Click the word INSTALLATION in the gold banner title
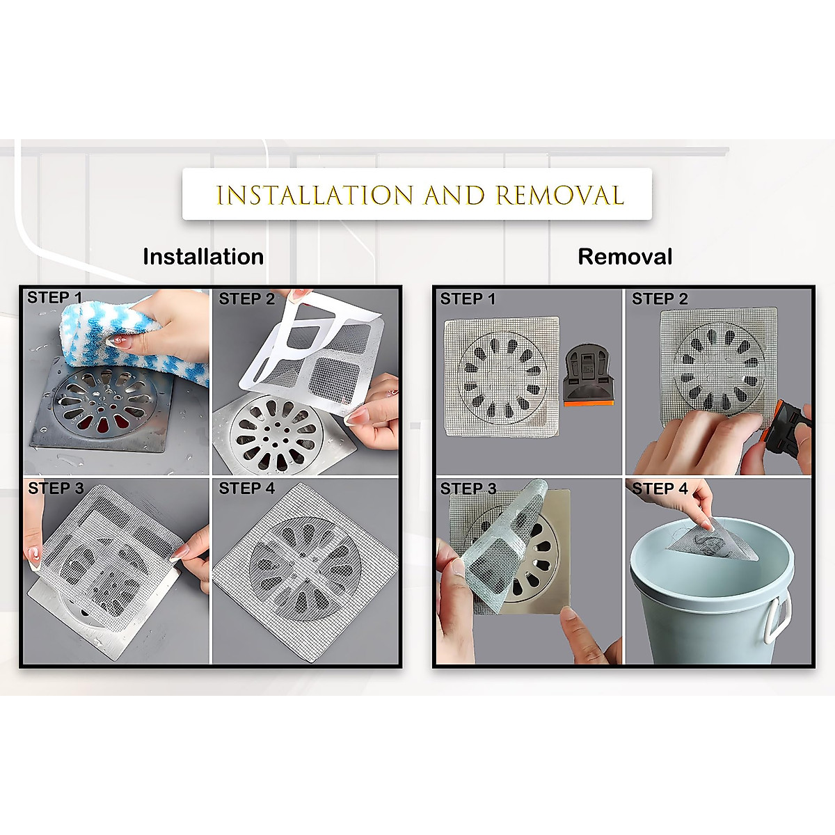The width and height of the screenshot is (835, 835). point(315,196)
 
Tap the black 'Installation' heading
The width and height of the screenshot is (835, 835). point(203,257)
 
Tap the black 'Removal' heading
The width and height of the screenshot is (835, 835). point(625,257)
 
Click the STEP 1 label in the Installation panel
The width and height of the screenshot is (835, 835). point(54,299)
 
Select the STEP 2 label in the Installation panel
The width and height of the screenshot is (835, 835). point(247,299)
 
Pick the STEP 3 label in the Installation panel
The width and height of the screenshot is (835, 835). point(56,488)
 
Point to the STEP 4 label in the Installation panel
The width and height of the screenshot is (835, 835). point(247,488)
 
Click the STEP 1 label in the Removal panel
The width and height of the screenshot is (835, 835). point(468,299)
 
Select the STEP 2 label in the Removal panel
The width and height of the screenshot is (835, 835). point(660,299)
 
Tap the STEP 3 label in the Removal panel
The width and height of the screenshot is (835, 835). point(468,488)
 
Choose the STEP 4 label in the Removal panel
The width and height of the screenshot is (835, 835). point(660,488)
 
